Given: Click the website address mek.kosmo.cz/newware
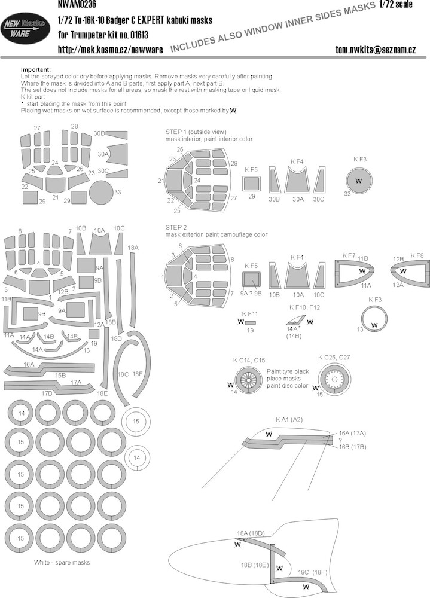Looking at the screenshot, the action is pyautogui.click(x=110, y=50).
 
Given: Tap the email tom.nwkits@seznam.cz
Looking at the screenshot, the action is pyautogui.click(x=376, y=50).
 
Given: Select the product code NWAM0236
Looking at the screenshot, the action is pyautogui.click(x=77, y=5).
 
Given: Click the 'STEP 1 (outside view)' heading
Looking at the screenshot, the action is pyautogui.click(x=196, y=132).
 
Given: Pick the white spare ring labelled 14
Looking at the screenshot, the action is pyautogui.click(x=136, y=457).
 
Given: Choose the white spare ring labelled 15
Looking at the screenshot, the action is pyautogui.click(x=136, y=422).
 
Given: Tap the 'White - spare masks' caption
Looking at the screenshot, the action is pyautogui.click(x=62, y=562).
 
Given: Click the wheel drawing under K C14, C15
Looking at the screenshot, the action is pyautogui.click(x=249, y=380).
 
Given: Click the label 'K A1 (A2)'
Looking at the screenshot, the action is pyautogui.click(x=289, y=420).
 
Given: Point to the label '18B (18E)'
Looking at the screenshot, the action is pyautogui.click(x=255, y=565).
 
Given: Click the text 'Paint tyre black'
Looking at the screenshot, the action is pyautogui.click(x=288, y=371).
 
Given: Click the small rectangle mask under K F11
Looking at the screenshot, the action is pyautogui.click(x=251, y=322).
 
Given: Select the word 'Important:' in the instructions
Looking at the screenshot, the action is pyautogui.click(x=36, y=70).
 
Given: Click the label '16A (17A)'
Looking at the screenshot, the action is pyautogui.click(x=352, y=433).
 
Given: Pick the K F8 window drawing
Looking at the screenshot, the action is pyautogui.click(x=410, y=271).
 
